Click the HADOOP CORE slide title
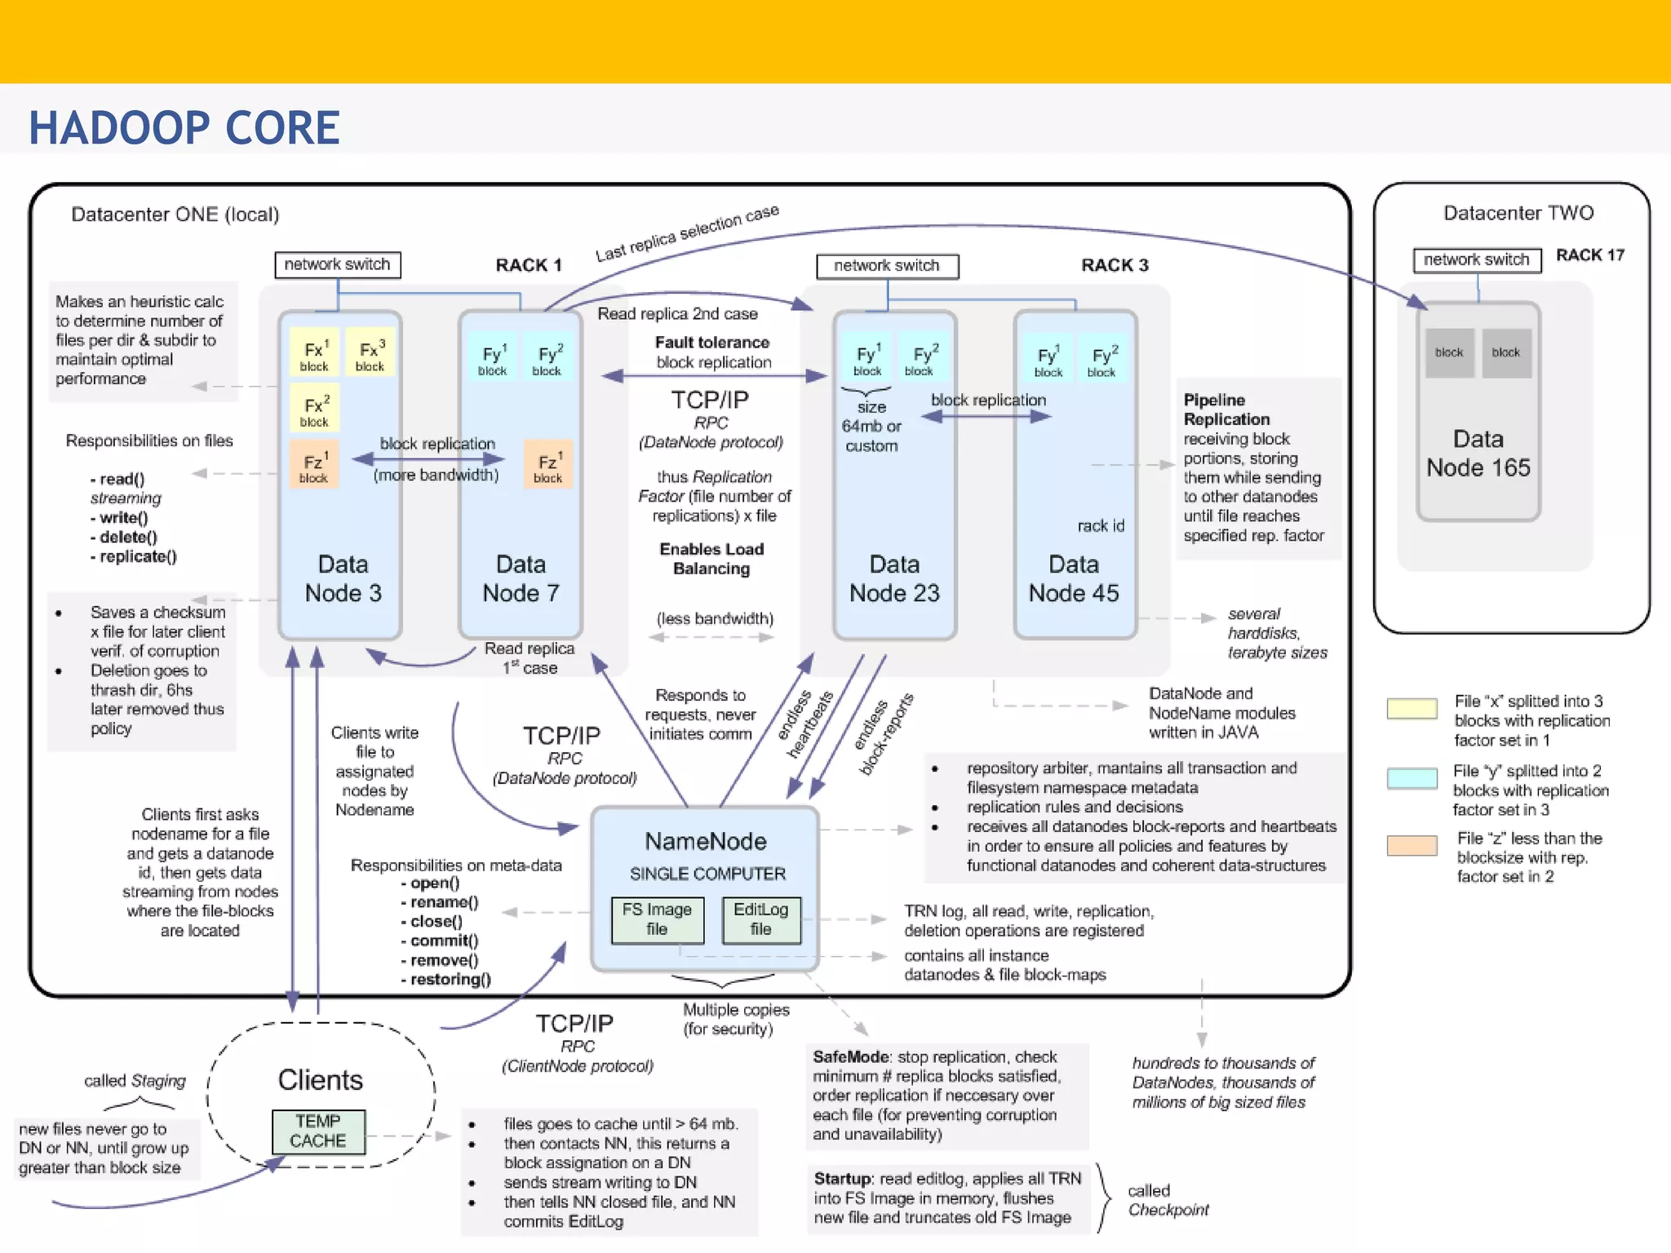(x=184, y=128)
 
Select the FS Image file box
(x=657, y=919)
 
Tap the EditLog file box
(x=760, y=919)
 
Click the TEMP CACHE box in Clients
(x=318, y=1131)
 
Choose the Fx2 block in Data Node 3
(x=315, y=410)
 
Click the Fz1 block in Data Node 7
(x=548, y=466)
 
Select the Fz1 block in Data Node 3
(x=314, y=466)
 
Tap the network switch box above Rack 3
(x=887, y=266)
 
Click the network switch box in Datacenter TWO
(x=1476, y=260)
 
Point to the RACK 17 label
(x=1589, y=255)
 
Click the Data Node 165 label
(x=1478, y=454)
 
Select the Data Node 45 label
(x=1074, y=578)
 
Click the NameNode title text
(x=706, y=841)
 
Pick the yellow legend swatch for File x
(x=1412, y=708)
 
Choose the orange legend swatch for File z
(x=1412, y=845)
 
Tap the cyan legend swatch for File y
(x=1412, y=777)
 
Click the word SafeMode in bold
(x=849, y=1057)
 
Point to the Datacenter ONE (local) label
(x=175, y=215)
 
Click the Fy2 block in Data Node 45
(x=1103, y=360)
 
